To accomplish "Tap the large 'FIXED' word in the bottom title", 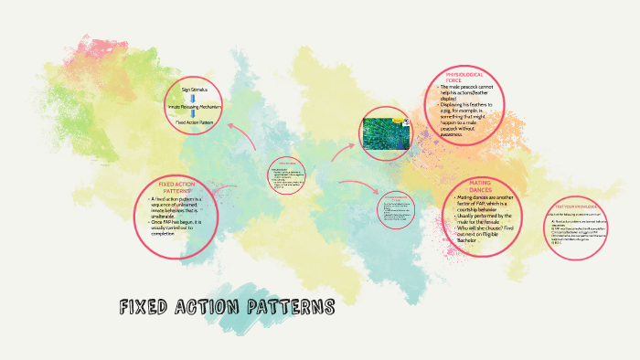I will point(147,307).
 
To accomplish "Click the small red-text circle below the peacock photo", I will point(396,209).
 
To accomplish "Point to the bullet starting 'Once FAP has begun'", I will point(179,226).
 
